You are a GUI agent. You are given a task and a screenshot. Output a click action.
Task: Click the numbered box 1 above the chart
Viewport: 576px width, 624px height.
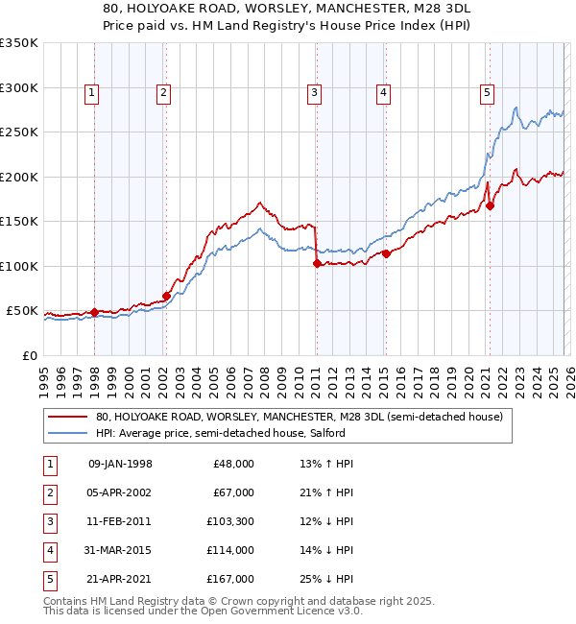pos(91,93)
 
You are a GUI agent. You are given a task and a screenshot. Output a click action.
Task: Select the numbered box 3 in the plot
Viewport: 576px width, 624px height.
pos(314,93)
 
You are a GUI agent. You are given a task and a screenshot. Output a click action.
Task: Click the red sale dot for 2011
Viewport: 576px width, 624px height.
pos(317,263)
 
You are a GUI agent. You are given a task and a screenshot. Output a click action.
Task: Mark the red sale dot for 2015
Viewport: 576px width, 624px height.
pos(386,253)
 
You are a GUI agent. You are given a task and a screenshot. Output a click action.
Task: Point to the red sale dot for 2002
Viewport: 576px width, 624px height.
pos(166,296)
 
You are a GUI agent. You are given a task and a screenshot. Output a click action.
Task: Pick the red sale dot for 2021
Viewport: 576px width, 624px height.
pos(490,205)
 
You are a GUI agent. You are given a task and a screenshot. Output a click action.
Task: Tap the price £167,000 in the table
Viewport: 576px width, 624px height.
pos(232,578)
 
